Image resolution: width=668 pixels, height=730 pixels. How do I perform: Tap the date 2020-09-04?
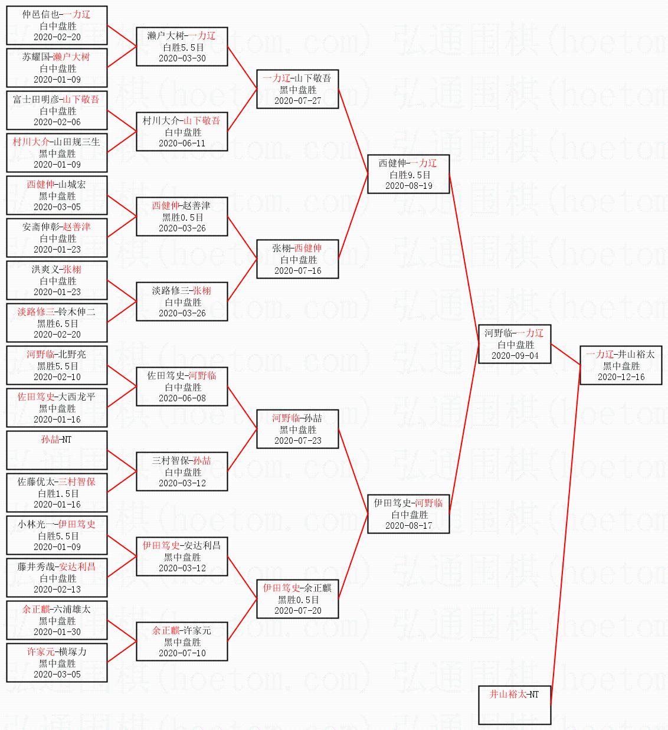tap(515, 355)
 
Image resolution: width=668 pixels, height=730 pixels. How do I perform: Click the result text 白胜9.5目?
tap(410, 175)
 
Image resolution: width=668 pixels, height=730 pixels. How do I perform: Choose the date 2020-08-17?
tap(408, 525)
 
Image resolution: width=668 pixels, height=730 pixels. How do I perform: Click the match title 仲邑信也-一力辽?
tap(57, 14)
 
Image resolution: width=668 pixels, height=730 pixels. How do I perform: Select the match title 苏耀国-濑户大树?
tap(56, 57)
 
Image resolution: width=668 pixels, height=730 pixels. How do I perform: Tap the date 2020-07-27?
tap(298, 101)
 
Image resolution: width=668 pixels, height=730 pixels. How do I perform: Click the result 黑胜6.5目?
tap(57, 323)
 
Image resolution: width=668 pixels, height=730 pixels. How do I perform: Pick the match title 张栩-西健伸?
tap(297, 248)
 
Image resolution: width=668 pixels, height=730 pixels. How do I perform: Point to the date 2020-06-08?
tap(182, 398)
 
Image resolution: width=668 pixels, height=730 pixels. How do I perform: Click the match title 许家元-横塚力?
tap(57, 652)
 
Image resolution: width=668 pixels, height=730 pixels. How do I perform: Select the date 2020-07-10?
tap(182, 653)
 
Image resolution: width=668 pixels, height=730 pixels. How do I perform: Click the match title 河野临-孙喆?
tap(297, 418)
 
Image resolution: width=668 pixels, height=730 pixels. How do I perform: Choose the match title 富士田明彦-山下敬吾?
tap(56, 99)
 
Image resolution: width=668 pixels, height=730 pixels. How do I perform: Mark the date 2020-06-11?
tap(182, 143)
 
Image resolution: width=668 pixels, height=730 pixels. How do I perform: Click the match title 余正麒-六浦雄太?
tap(57, 609)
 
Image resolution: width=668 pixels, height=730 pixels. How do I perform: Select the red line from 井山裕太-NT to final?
tap(565, 535)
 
